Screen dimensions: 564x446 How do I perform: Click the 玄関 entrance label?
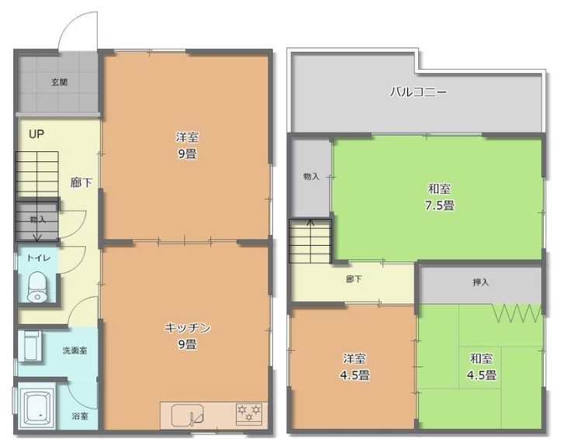coord(60,82)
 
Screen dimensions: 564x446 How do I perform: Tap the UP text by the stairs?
coord(36,134)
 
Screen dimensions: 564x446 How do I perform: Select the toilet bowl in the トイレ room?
coord(36,287)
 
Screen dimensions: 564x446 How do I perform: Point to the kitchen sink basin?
coord(187,415)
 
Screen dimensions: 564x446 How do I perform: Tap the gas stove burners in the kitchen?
coord(249,413)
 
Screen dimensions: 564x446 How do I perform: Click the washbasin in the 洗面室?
coord(33,346)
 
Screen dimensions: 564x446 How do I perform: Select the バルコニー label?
coord(419,92)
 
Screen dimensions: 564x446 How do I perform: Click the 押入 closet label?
coord(480,282)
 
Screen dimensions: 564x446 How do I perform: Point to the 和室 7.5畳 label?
coord(440,197)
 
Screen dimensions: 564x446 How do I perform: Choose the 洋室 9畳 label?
coord(187,146)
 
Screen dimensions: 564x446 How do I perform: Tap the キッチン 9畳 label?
coord(187,337)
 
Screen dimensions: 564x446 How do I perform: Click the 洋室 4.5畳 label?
coord(355,367)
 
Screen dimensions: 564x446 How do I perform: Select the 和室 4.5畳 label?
coord(482,367)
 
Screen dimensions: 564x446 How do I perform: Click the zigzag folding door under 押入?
coord(517,313)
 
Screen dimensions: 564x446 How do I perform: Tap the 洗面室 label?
coord(74,351)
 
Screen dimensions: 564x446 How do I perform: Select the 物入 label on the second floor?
coord(311,177)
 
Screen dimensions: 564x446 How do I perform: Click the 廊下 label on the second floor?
coord(354,279)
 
